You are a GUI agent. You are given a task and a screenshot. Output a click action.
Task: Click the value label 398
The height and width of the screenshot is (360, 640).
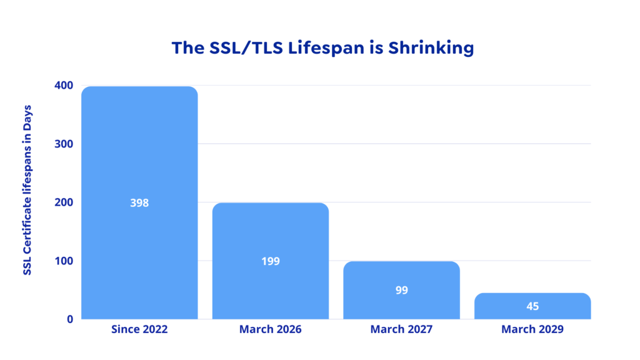pyautogui.click(x=139, y=203)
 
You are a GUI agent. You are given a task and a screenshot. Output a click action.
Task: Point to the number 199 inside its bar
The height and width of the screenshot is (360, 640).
pyautogui.click(x=271, y=261)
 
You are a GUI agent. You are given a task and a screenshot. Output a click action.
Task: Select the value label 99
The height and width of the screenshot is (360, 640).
pyautogui.click(x=401, y=290)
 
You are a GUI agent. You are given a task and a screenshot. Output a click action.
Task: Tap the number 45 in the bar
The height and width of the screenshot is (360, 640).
pyautogui.click(x=532, y=306)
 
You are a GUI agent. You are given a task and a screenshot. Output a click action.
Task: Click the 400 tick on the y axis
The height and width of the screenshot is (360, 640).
pyautogui.click(x=64, y=85)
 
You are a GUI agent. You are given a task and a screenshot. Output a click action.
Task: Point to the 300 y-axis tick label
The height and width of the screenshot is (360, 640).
pyautogui.click(x=64, y=144)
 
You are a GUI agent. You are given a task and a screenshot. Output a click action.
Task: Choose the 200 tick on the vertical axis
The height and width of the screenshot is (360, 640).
pyautogui.click(x=64, y=202)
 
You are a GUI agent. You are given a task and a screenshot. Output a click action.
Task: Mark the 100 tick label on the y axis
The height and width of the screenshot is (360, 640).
pyautogui.click(x=64, y=261)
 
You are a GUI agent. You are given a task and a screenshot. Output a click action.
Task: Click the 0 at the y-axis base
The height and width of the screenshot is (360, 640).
pyautogui.click(x=69, y=319)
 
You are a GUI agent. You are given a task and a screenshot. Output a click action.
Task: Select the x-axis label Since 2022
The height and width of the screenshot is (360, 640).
pyautogui.click(x=139, y=329)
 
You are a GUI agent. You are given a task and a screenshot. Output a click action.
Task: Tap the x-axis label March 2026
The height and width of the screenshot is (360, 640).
pyautogui.click(x=270, y=329)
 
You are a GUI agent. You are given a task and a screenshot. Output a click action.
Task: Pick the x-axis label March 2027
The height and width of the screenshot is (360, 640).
pyautogui.click(x=401, y=329)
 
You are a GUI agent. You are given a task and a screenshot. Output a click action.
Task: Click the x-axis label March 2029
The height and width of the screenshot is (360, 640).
pyautogui.click(x=532, y=329)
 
